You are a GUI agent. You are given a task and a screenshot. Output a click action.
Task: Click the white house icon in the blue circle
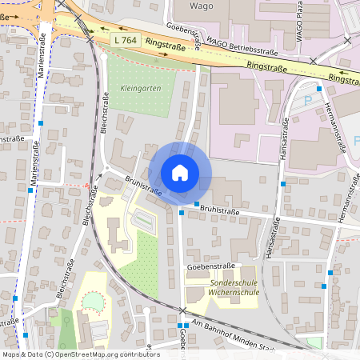(x=180, y=173)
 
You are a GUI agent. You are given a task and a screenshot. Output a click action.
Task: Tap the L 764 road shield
(x=126, y=39)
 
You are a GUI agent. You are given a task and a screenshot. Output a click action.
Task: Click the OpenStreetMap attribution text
(x=80, y=354)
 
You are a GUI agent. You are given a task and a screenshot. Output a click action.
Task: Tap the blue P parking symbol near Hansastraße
(x=308, y=102)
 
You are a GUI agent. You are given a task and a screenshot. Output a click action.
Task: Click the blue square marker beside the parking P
(x=319, y=89)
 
